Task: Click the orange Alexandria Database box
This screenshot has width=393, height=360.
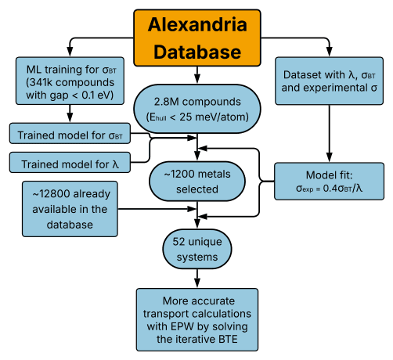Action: (x=197, y=38)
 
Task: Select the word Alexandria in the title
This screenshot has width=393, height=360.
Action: (x=197, y=24)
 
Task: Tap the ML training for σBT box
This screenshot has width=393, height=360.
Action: (x=70, y=81)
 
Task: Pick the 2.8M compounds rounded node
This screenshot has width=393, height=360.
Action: (x=197, y=109)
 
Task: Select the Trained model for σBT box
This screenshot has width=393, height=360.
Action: (x=70, y=133)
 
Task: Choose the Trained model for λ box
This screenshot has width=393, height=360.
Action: (x=70, y=163)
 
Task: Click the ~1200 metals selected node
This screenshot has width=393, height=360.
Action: (x=197, y=182)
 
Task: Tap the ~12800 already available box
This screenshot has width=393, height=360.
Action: (x=70, y=209)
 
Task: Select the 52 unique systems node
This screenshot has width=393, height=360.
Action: (x=197, y=249)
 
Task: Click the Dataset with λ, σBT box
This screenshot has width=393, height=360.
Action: (x=330, y=81)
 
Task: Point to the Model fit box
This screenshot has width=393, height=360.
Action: (x=329, y=182)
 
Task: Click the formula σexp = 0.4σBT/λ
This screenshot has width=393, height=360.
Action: (x=329, y=189)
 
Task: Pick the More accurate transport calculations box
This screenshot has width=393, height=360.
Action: (x=197, y=320)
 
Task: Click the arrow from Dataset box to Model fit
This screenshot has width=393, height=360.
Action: (x=330, y=134)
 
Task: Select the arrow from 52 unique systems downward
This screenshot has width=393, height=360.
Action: (x=197, y=279)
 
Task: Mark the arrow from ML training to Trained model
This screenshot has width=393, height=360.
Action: (x=70, y=113)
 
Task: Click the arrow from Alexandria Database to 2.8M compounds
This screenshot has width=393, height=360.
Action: (x=197, y=75)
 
